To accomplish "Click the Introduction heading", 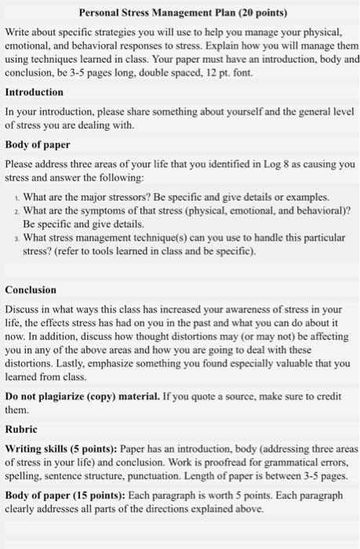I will tap(35, 92).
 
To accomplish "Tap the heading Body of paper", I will tap(38, 145).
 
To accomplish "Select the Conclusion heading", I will tap(31, 289).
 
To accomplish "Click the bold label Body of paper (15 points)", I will tap(66, 495).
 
